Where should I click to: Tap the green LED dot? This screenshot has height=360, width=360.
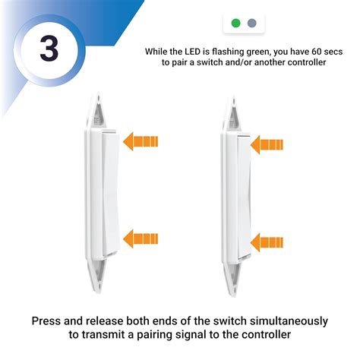235,23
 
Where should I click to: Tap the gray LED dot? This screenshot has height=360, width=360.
251,23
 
